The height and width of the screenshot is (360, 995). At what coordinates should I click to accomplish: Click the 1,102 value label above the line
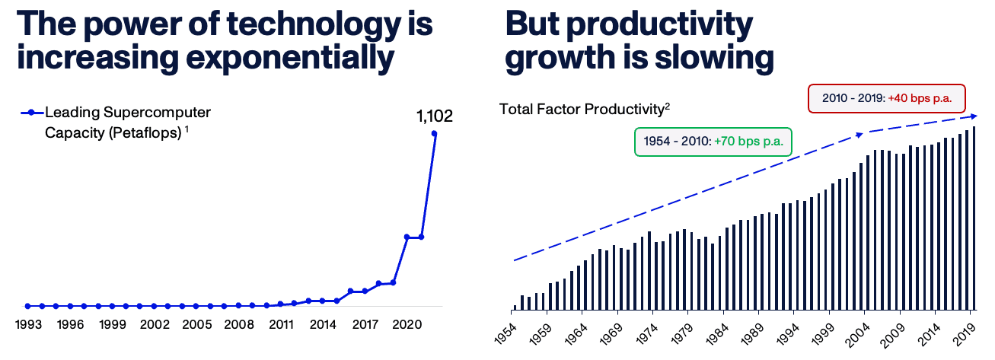click(434, 116)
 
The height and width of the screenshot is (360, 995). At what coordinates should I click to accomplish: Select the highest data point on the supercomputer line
click(435, 134)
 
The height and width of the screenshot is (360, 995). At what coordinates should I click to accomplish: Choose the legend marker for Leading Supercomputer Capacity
click(32, 113)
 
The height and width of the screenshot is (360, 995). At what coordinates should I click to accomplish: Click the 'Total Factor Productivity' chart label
click(582, 109)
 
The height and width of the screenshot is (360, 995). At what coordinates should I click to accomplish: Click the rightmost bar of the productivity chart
click(974, 218)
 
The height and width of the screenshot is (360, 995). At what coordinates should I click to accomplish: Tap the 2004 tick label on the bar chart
click(857, 333)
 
